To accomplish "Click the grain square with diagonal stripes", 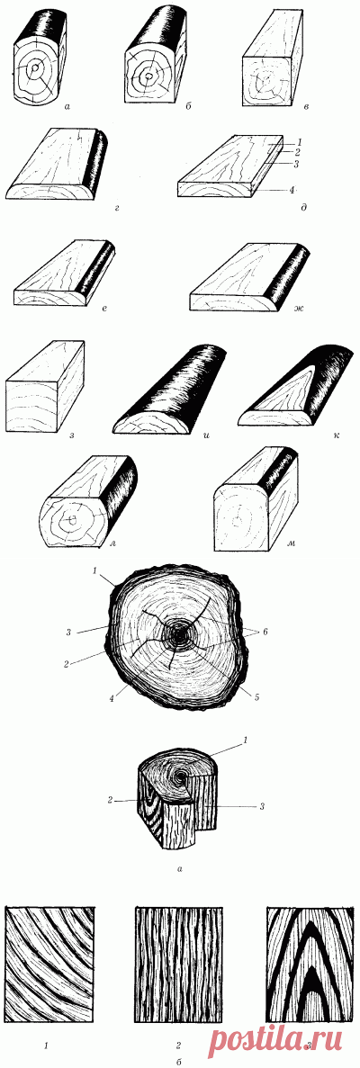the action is [49, 965].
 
